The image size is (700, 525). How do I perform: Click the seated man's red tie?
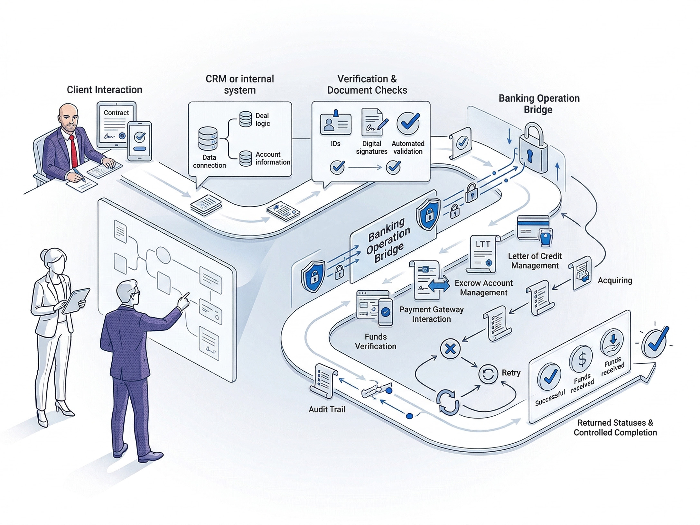pyautogui.click(x=74, y=151)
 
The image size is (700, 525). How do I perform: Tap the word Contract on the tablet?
pyautogui.click(x=116, y=113)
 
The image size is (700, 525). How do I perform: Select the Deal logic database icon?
pyautogui.click(x=246, y=119)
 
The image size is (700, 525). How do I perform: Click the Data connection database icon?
pyautogui.click(x=208, y=139)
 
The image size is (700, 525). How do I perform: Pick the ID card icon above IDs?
pyautogui.click(x=335, y=124)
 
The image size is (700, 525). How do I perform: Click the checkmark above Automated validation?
pyautogui.click(x=408, y=123)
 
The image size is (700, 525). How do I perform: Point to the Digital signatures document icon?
pyautogui.click(x=372, y=123)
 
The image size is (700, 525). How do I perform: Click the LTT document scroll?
pyautogui.click(x=483, y=254)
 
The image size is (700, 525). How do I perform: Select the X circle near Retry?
pyautogui.click(x=450, y=349)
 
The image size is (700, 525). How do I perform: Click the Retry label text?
pyautogui.click(x=511, y=373)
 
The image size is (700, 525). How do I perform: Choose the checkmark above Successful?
pyautogui.click(x=550, y=377)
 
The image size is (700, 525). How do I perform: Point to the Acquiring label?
pyautogui.click(x=615, y=281)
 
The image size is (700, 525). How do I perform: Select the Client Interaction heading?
pyautogui.click(x=104, y=90)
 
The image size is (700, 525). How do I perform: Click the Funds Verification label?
pyautogui.click(x=376, y=342)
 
